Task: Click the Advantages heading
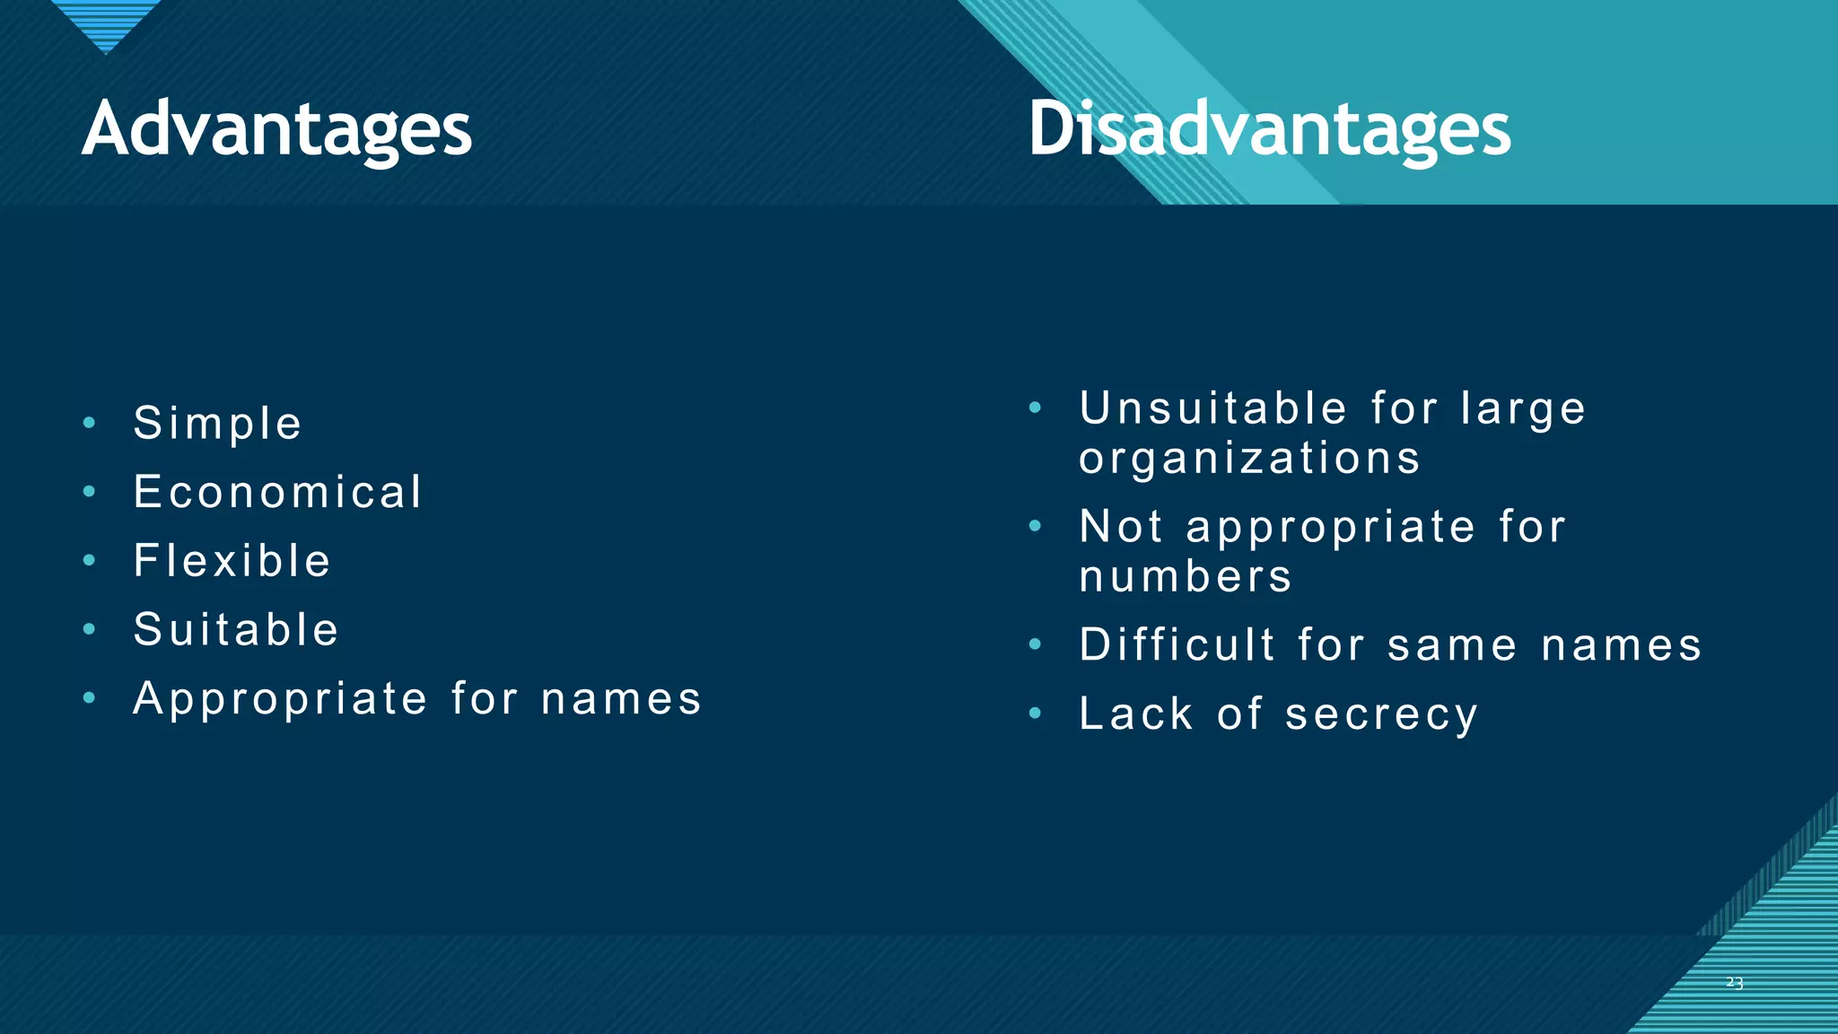click(x=276, y=130)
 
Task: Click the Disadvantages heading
click(x=1269, y=130)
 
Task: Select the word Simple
click(x=217, y=424)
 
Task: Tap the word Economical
click(x=277, y=492)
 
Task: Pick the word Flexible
click(x=232, y=561)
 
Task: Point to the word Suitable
click(x=236, y=629)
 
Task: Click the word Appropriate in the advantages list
click(x=280, y=699)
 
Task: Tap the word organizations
click(x=1250, y=459)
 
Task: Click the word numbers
click(x=1186, y=576)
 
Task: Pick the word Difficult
click(x=1177, y=644)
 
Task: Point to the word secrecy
click(x=1381, y=715)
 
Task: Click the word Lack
click(x=1136, y=714)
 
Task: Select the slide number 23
click(x=1734, y=983)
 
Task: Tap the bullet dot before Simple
click(x=89, y=423)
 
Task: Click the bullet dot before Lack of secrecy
click(x=1035, y=714)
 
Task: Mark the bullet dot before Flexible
click(x=89, y=561)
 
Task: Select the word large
click(x=1523, y=410)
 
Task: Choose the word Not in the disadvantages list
click(x=1121, y=526)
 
